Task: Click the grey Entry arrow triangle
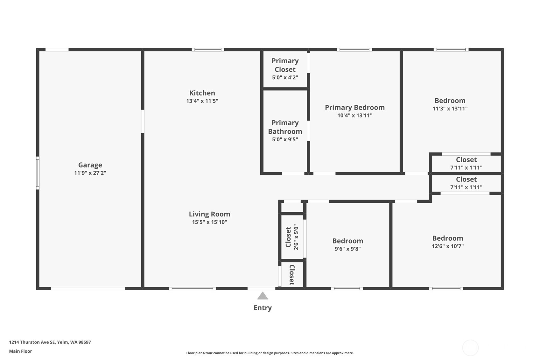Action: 263,296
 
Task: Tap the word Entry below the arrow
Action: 263,308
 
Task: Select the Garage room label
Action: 90,165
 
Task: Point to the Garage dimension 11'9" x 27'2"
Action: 90,173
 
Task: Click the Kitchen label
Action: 202,93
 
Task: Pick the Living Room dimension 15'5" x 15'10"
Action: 209,222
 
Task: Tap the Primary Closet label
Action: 285,65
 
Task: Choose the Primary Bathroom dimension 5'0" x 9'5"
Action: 285,139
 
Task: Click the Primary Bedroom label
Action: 354,108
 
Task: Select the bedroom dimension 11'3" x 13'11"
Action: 450,109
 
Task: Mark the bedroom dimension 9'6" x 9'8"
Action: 347,249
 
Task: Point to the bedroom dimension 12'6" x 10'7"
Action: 447,246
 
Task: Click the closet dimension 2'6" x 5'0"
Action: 296,237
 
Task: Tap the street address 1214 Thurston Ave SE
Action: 50,342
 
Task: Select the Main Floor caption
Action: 20,351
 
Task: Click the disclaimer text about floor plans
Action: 270,353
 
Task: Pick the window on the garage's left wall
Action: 38,173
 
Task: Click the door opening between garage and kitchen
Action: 143,121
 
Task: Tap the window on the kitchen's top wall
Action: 208,50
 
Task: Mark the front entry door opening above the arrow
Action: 261,288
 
